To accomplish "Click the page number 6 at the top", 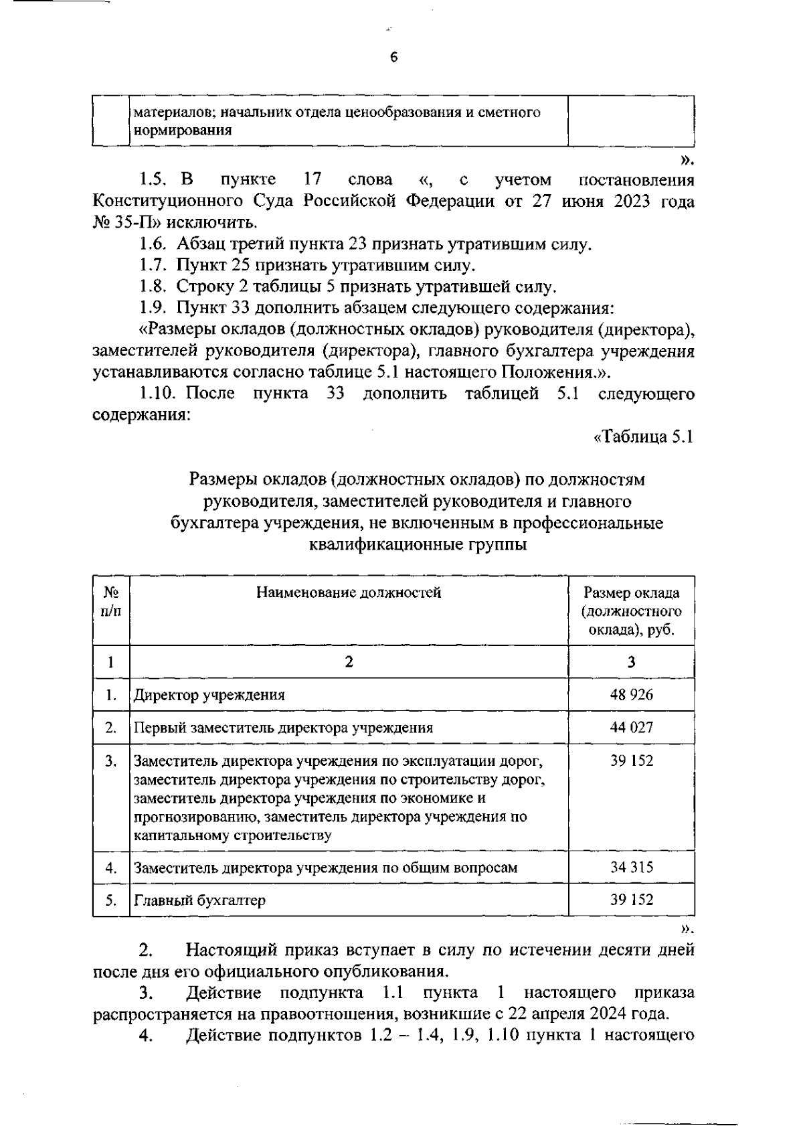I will [393, 58].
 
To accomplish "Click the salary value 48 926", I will [631, 694].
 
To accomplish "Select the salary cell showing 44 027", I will [631, 727].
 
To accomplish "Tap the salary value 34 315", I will [631, 867].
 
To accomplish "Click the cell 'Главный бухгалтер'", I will [200, 900].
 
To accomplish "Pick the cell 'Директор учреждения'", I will [209, 694].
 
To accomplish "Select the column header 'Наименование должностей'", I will [349, 592].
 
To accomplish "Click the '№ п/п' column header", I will [111, 601].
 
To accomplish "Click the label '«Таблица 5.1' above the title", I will [643, 437].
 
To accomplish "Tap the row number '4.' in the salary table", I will [111, 868].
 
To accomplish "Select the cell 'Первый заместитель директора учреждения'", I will [284, 727].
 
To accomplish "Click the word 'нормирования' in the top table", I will [183, 131].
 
